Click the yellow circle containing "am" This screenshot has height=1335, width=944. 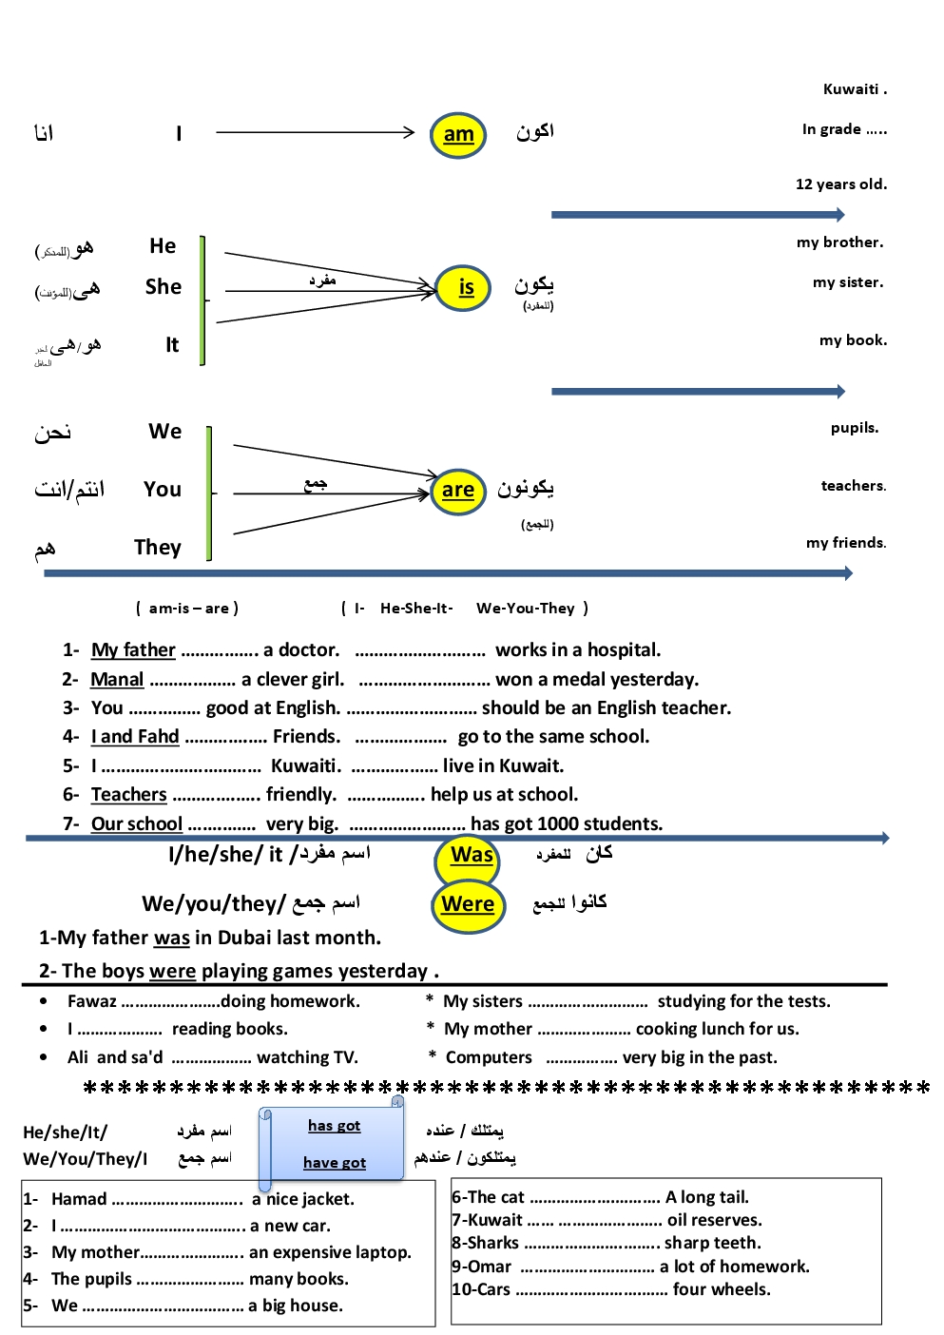point(458,135)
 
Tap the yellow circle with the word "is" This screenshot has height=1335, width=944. point(464,287)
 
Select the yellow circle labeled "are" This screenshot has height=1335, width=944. point(457,491)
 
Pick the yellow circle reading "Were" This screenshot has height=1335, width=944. point(468,904)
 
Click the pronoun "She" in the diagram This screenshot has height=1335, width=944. point(164,287)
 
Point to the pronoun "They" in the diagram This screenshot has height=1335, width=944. point(158,548)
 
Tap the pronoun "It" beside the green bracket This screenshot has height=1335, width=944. point(172,345)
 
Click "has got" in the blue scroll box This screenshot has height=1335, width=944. point(334,1126)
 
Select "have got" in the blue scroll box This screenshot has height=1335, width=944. point(334,1163)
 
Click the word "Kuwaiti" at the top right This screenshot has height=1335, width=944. point(852,89)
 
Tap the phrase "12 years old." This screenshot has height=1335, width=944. point(841,184)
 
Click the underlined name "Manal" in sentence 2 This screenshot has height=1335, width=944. point(117,680)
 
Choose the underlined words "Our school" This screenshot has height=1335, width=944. point(137,824)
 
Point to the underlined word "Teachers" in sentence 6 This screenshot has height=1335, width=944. point(129,795)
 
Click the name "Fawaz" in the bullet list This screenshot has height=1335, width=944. point(92,1001)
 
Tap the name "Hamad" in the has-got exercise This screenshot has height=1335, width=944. point(79,1199)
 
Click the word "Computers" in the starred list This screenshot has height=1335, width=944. point(489,1057)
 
